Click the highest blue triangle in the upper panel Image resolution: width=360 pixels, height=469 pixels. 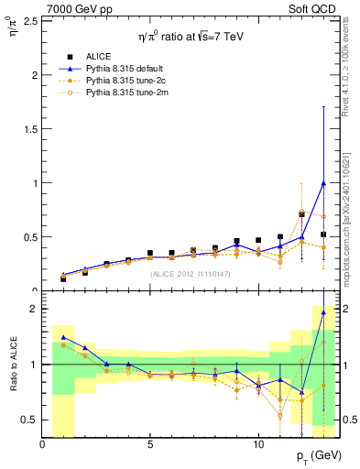coord(323,182)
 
